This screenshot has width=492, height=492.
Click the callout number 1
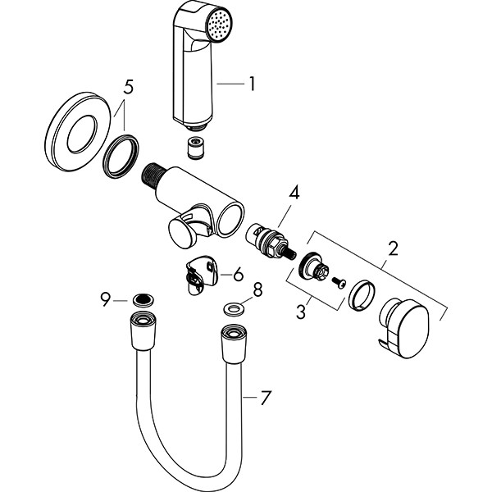[253, 82]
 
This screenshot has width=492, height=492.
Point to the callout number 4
[294, 195]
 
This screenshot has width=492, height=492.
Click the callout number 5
[126, 87]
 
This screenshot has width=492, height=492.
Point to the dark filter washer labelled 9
[144, 300]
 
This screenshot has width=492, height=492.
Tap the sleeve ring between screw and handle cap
[362, 297]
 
